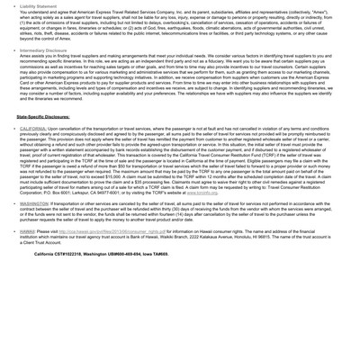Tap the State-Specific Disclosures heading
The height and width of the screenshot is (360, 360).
tap(49, 142)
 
